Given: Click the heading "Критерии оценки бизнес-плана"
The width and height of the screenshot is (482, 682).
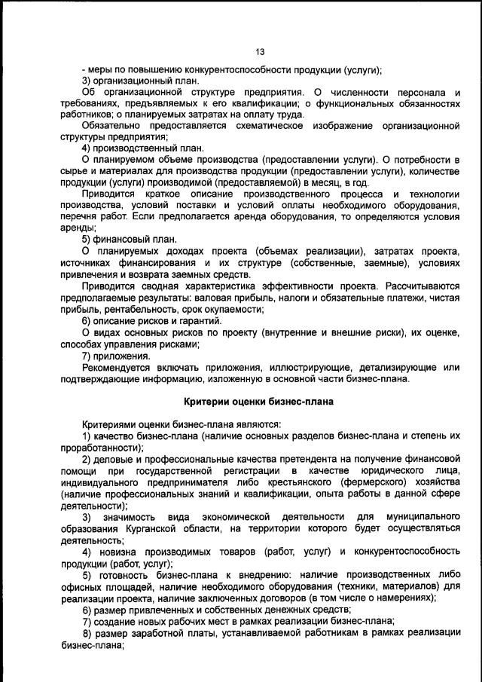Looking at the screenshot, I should tap(260, 402).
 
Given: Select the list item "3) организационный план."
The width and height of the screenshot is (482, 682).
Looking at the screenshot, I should tap(141, 81).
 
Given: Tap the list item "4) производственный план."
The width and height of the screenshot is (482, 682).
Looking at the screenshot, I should tap(142, 148).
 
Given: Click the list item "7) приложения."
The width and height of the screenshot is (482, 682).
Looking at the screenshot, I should tap(116, 356).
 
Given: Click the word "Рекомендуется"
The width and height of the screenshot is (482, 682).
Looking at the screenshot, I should tap(117, 367).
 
